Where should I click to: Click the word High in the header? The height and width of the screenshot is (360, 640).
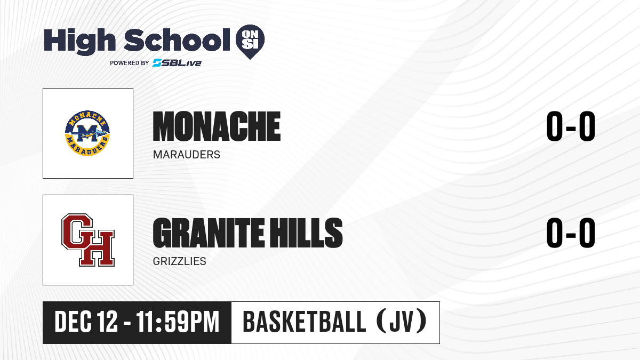point(79,42)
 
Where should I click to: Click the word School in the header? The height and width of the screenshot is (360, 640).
point(177,39)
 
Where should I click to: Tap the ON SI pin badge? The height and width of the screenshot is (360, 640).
point(250,42)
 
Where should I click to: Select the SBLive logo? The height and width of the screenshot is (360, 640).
point(177,62)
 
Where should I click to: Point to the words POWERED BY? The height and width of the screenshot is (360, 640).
point(130,63)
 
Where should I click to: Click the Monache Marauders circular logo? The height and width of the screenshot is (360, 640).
point(87,133)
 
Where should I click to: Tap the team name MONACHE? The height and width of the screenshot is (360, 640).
point(217,126)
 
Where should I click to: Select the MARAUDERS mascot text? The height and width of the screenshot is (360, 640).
point(187,155)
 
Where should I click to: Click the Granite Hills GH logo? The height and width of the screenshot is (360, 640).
point(88,240)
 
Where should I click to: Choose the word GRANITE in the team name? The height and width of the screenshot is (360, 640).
point(209,233)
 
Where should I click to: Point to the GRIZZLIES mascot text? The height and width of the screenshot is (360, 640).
point(179,261)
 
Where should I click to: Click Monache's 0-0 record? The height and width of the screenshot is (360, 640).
point(571,126)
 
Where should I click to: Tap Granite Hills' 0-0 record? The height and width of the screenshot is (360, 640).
point(571,233)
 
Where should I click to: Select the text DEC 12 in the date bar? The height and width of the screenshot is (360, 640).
point(86,322)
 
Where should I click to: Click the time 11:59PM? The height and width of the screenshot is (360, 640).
point(178,322)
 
